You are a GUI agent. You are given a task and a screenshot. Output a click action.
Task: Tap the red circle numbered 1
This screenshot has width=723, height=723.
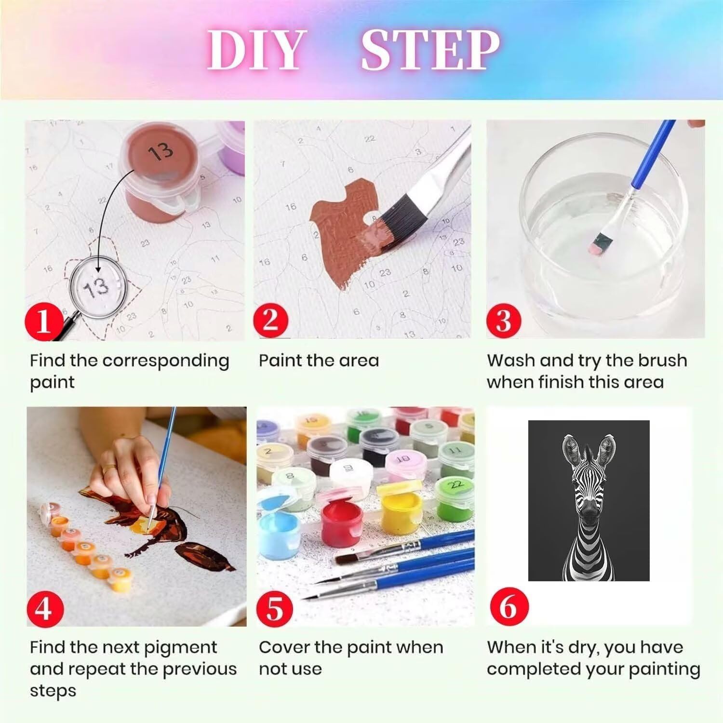coord(43,321)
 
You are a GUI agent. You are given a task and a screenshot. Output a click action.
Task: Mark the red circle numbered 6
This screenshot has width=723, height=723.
coord(508,606)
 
